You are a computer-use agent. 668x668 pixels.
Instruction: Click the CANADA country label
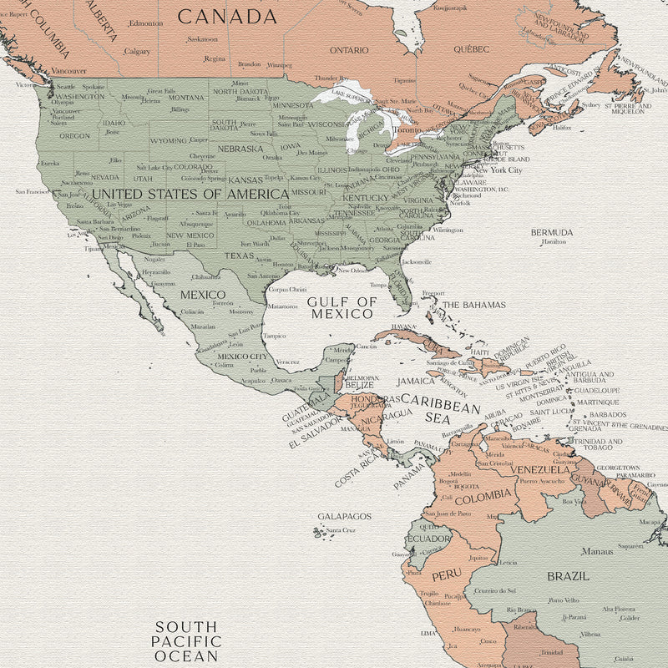point(227,16)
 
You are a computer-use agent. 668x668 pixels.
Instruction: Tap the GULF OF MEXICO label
point(341,307)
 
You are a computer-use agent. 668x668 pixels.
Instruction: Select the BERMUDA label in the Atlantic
point(552,231)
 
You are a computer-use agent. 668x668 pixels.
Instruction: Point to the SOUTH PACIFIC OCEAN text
point(187,641)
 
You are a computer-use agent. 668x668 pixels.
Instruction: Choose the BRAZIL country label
point(568,576)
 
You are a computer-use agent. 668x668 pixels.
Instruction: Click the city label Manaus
point(598,551)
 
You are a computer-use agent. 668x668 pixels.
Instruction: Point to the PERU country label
point(445,575)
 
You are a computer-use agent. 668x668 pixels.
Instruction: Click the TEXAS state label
point(238,256)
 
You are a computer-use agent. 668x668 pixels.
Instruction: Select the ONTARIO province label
point(349,50)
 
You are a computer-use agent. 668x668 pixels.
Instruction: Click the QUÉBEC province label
point(472,49)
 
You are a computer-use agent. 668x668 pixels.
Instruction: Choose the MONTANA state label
point(186,98)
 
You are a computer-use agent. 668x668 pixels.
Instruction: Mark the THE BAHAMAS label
point(473,305)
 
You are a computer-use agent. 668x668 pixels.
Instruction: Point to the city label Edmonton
point(146,23)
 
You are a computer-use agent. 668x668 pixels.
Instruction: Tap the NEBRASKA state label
point(240,149)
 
